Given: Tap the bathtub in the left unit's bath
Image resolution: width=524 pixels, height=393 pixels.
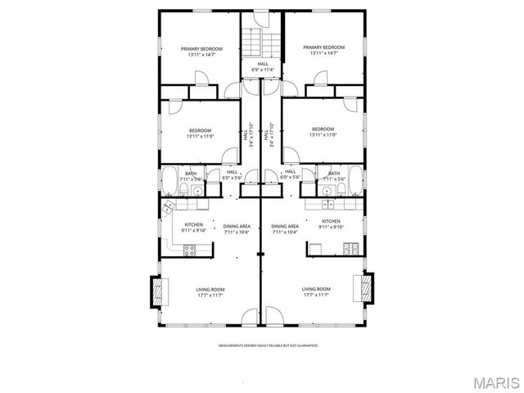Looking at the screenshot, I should click(x=170, y=180).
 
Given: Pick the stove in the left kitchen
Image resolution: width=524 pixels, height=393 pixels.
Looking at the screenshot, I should click(x=189, y=250).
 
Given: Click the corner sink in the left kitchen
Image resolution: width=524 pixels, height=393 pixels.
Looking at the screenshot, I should click(x=169, y=206).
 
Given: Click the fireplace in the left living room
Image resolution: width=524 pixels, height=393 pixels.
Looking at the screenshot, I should click(x=156, y=291).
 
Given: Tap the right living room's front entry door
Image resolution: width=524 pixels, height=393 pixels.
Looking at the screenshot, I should click(x=272, y=316).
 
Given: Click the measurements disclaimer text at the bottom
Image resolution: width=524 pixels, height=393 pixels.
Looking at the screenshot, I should click(x=268, y=346).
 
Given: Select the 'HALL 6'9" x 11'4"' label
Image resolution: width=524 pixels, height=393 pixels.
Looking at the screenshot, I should click(x=263, y=66).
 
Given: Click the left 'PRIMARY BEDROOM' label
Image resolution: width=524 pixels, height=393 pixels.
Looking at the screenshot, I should click(x=201, y=51).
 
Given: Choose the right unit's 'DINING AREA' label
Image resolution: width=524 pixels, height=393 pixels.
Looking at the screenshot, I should click(x=285, y=228).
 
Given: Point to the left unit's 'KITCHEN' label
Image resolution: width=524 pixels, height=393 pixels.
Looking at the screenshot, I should click(x=193, y=227).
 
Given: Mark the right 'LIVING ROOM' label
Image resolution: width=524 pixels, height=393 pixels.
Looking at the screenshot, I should click(x=316, y=291).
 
